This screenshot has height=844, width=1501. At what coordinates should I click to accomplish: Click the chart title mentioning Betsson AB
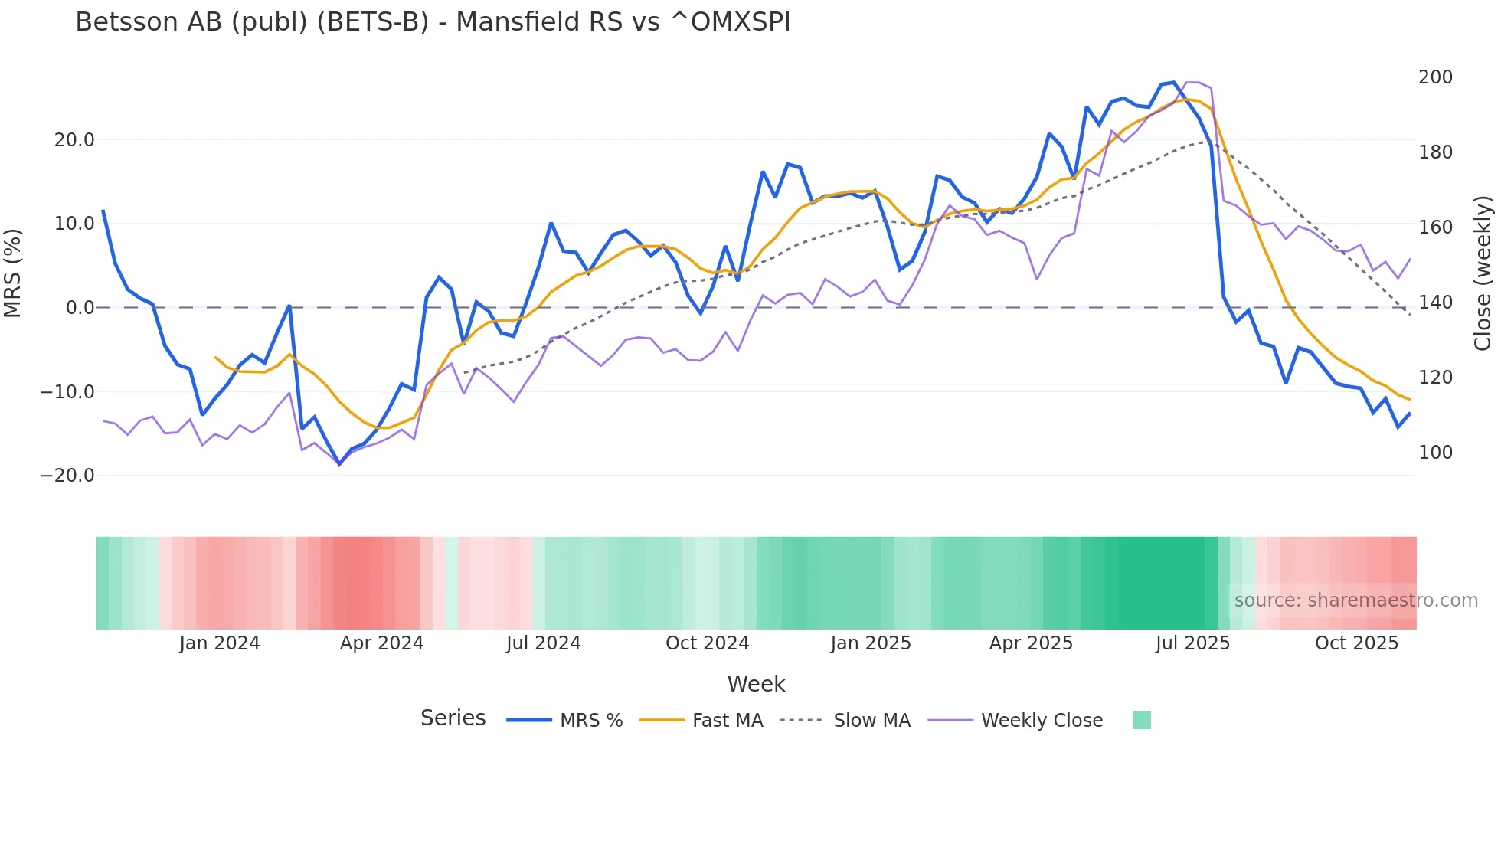[433, 22]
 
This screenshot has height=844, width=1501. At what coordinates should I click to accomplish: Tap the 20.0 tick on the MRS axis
[74, 140]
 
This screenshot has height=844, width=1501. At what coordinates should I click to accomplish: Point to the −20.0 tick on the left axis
[67, 476]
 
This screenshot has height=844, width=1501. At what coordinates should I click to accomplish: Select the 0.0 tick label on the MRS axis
[80, 308]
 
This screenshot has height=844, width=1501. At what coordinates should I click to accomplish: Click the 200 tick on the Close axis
[1435, 77]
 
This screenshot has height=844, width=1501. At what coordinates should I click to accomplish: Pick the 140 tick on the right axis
[1435, 303]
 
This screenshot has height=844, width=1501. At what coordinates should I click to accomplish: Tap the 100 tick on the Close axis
[1435, 453]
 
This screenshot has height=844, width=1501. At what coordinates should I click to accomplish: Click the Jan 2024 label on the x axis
[220, 643]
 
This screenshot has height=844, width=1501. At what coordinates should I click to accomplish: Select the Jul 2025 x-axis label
[1192, 643]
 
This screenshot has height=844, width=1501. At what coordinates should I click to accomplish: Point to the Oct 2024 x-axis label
[707, 643]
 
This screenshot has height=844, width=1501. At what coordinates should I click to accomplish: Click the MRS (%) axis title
[13, 273]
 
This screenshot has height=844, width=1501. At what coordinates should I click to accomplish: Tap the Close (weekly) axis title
[1483, 273]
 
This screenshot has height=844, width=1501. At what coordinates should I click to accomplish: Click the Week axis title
[756, 684]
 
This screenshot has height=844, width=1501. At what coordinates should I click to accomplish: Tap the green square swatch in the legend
[1141, 720]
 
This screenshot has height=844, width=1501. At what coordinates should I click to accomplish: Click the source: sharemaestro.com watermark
[1355, 600]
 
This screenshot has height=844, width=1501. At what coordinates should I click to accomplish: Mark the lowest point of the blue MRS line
[339, 464]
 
